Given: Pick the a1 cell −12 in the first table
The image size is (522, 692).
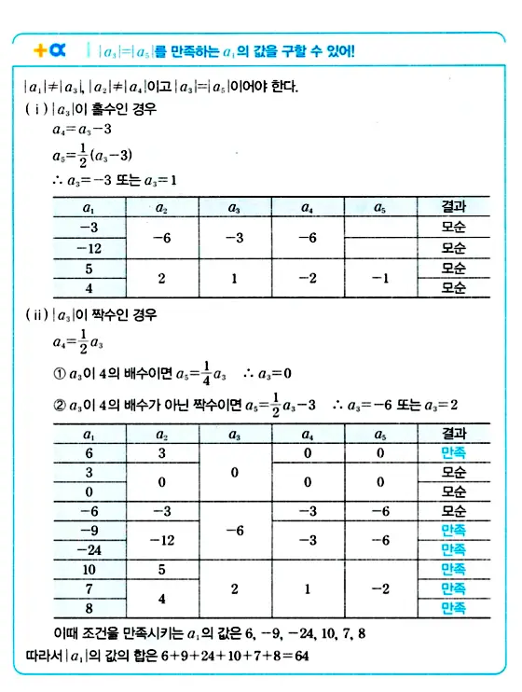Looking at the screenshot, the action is (x=89, y=248).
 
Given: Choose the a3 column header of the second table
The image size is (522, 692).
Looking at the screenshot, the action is (x=232, y=434).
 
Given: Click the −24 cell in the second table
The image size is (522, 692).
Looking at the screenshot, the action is (x=89, y=548).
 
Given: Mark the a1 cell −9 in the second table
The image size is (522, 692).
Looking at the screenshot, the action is (x=89, y=530).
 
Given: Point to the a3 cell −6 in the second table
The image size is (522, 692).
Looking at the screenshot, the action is (x=232, y=530).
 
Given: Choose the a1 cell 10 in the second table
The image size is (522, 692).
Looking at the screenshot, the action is (x=89, y=568).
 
